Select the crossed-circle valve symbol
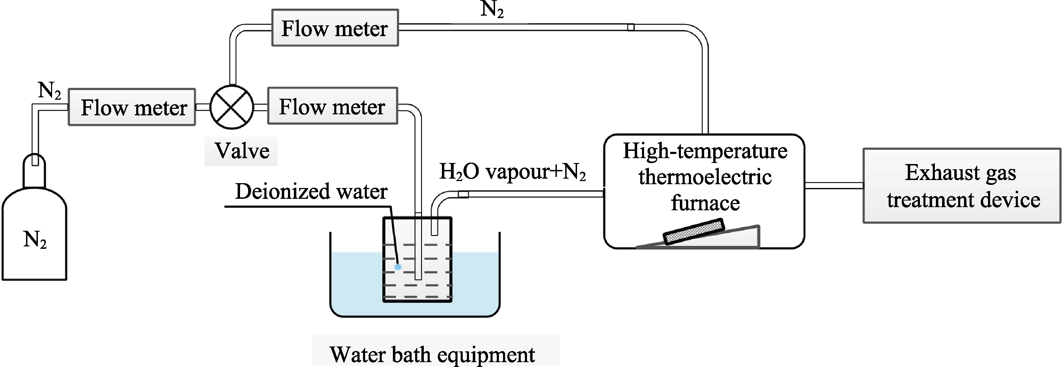point(232,107)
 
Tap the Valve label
point(241,150)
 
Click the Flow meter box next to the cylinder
point(132,107)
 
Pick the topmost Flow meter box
point(335,27)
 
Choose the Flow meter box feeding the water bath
point(332,106)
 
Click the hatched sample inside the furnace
point(694,231)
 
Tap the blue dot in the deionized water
point(398,267)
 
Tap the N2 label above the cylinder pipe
point(49,90)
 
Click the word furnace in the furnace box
point(705,203)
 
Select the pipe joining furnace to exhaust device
point(834,186)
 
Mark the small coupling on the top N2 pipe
point(631,27)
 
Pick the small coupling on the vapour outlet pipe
point(463,194)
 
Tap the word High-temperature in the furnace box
point(705,150)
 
